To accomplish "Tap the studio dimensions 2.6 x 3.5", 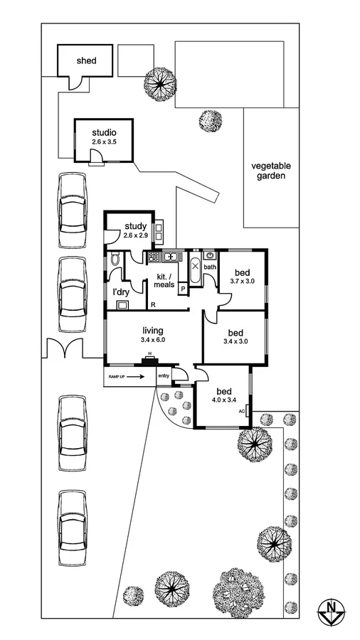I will [x=103, y=142].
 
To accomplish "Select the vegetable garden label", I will [x=271, y=171].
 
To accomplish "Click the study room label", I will [x=134, y=226].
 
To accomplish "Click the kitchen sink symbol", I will [x=171, y=257].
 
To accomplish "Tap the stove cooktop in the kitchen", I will [x=152, y=257].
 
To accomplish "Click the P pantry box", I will [x=183, y=289].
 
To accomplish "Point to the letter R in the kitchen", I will [x=154, y=304].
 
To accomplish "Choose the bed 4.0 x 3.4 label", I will [x=223, y=395].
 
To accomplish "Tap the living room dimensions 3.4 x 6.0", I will [x=153, y=341].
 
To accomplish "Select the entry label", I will [x=164, y=377].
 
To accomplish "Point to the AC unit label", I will [x=242, y=412].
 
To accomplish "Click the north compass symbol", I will [x=331, y=609].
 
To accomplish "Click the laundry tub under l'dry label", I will [x=122, y=305].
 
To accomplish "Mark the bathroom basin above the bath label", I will [x=209, y=256].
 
